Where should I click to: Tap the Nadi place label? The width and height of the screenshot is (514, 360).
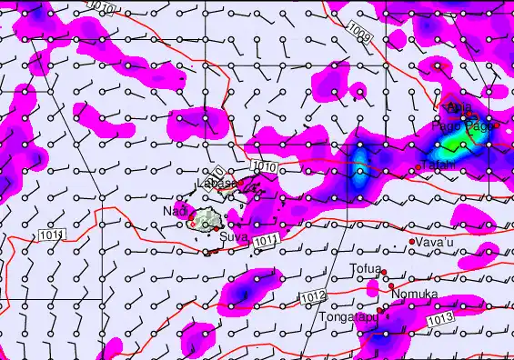tap(174, 212)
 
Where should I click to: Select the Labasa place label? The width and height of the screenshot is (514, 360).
tap(217, 184)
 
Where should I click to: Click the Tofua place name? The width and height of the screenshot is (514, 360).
tap(365, 268)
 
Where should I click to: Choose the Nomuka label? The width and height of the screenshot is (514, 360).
tap(414, 295)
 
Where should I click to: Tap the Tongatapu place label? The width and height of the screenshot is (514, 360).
tap(347, 317)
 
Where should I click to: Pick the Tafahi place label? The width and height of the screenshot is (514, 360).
tap(436, 165)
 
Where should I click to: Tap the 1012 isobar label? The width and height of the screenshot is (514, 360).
tap(313, 297)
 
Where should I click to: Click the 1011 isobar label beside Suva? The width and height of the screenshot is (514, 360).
tap(265, 240)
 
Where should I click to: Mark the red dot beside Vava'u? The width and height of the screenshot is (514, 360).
tap(412, 241)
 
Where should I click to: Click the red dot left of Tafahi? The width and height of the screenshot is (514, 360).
tap(418, 167)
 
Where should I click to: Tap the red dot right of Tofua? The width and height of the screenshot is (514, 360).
tap(384, 271)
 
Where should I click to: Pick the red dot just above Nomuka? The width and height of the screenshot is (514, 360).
tap(391, 285)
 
